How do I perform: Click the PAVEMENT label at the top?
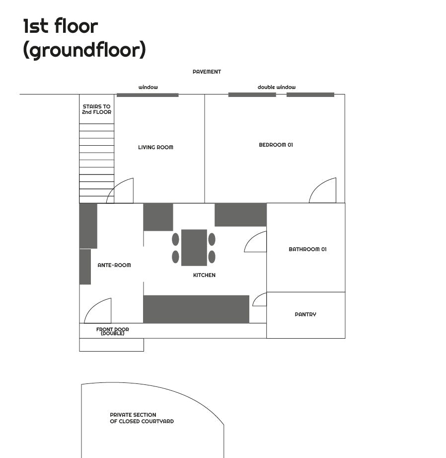(x=207, y=72)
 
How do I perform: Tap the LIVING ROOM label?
(x=155, y=147)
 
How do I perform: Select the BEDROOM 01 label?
(x=276, y=145)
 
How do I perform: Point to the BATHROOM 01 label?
(x=307, y=249)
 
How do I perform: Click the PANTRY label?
(x=305, y=314)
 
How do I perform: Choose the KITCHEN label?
(x=204, y=275)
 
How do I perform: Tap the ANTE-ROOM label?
(x=114, y=265)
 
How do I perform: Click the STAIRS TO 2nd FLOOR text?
(x=97, y=109)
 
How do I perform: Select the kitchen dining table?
(x=194, y=247)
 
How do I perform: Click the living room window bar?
(x=148, y=95)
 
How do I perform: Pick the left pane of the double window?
(x=252, y=94)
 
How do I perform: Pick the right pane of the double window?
(x=310, y=94)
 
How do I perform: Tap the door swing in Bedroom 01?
(x=324, y=192)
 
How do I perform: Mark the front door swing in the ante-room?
(x=99, y=312)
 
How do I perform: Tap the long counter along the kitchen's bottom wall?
(x=196, y=309)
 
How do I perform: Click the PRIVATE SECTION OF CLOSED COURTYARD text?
(x=142, y=418)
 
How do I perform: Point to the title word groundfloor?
(x=84, y=50)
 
